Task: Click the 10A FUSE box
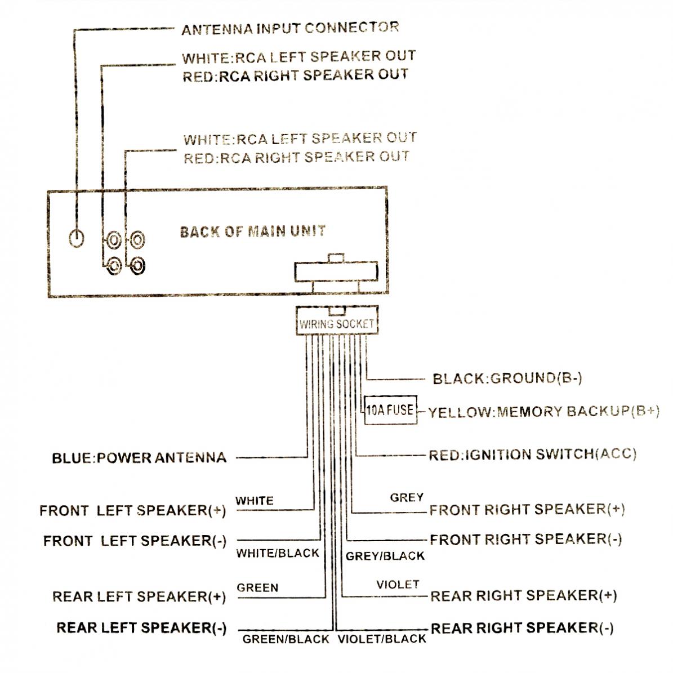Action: pyautogui.click(x=390, y=409)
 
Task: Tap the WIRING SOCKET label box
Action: pyautogui.click(x=336, y=324)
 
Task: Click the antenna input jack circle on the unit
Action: pyautogui.click(x=77, y=238)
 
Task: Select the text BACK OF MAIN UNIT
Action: pyautogui.click(x=252, y=231)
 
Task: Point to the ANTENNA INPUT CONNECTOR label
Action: pyautogui.click(x=290, y=28)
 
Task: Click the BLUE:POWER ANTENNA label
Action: pyautogui.click(x=139, y=457)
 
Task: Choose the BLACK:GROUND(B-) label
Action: pyautogui.click(x=507, y=378)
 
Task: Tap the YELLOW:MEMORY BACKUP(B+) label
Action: pyautogui.click(x=543, y=412)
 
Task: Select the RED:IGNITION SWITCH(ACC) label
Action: pyautogui.click(x=532, y=454)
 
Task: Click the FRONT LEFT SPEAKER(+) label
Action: pyautogui.click(x=132, y=511)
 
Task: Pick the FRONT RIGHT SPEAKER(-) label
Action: pyautogui.click(x=525, y=539)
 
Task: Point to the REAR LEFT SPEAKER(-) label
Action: pyautogui.click(x=141, y=627)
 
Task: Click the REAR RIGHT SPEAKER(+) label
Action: pyautogui.click(x=523, y=595)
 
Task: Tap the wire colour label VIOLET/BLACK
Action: pyautogui.click(x=382, y=639)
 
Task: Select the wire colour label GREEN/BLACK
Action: pyautogui.click(x=286, y=639)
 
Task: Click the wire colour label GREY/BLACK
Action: pyautogui.click(x=385, y=556)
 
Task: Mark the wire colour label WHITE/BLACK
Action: pyautogui.click(x=278, y=553)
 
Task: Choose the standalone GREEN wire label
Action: pyautogui.click(x=257, y=587)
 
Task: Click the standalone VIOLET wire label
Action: pyautogui.click(x=398, y=585)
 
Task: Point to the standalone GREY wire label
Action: pyautogui.click(x=407, y=497)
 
